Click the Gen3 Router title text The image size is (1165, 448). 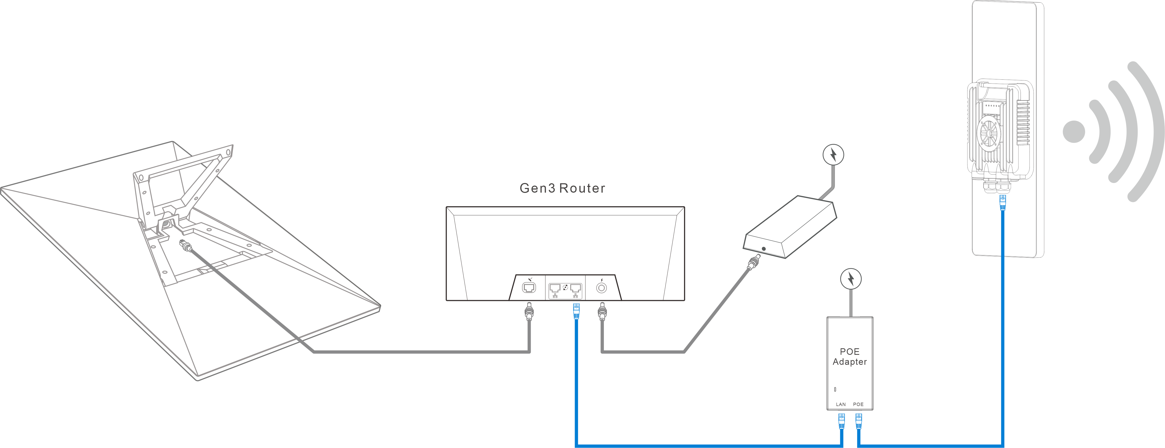(562, 188)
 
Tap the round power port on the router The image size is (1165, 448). (602, 288)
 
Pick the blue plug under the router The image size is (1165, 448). (576, 311)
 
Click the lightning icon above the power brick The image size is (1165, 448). (833, 155)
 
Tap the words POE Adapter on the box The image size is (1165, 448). (850, 357)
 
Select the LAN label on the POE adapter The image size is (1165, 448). (841, 404)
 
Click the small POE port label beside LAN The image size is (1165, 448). (858, 404)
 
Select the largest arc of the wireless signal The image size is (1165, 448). (1147, 131)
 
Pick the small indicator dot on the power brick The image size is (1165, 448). (764, 249)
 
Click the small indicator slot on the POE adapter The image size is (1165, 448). (835, 389)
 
